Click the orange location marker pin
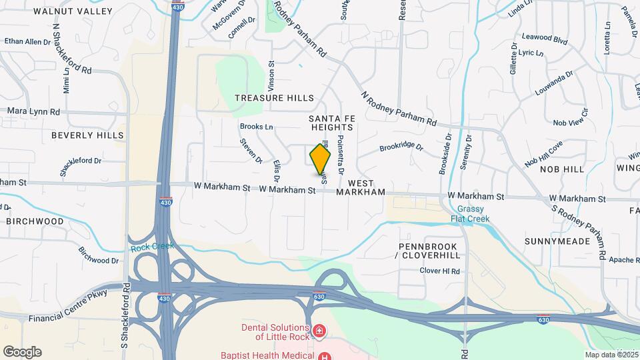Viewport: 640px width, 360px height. [x=320, y=160]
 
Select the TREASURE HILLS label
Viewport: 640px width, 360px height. [x=274, y=98]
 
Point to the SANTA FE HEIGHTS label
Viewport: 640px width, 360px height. [x=331, y=123]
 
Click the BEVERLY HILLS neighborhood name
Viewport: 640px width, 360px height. [x=87, y=135]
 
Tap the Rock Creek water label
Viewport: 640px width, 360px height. [x=152, y=247]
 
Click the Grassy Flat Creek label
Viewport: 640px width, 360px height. [x=469, y=214]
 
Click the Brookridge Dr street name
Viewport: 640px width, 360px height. [x=401, y=147]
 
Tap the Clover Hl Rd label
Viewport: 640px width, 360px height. [x=440, y=271]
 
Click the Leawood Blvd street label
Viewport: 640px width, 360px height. [x=545, y=39]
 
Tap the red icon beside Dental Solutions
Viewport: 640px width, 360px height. [x=319, y=330]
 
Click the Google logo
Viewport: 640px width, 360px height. [x=22, y=352]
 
